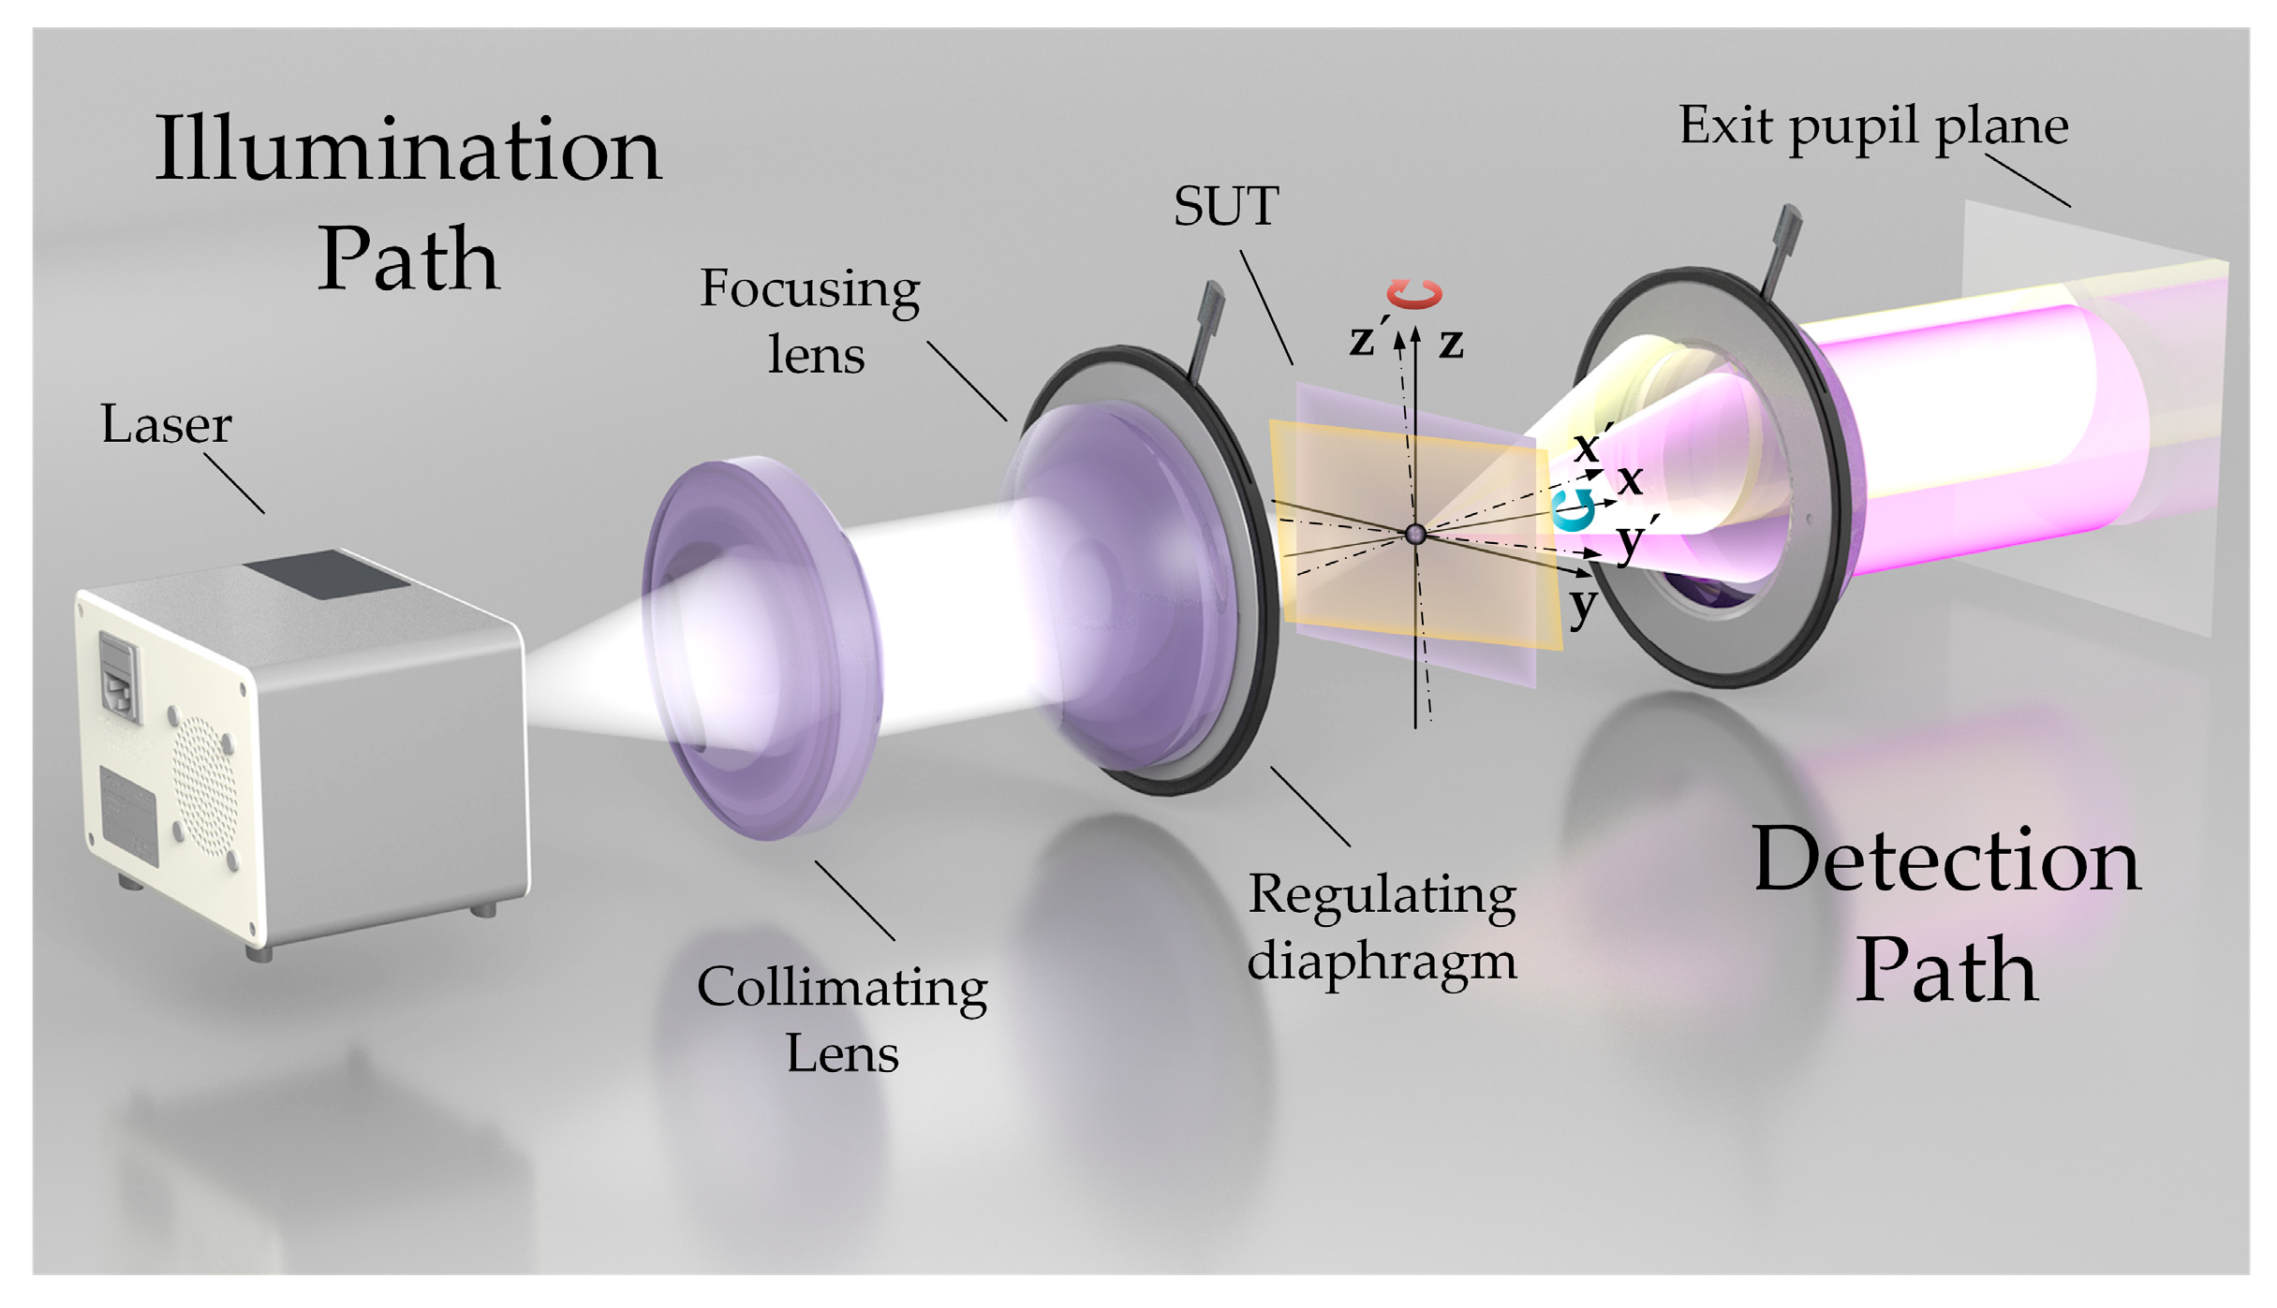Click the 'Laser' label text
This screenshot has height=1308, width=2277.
click(x=166, y=425)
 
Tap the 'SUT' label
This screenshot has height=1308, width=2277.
click(x=1225, y=207)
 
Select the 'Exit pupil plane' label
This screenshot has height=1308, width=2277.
click(x=1872, y=126)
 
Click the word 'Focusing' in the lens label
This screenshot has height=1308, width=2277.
click(x=809, y=288)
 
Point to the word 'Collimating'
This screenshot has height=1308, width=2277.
click(x=841, y=988)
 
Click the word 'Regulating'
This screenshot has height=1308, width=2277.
click(x=1382, y=894)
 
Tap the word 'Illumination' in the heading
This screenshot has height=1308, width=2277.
click(x=408, y=150)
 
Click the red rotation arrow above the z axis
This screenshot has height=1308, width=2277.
click(x=1414, y=294)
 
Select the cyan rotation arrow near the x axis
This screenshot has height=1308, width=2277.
click(x=1574, y=510)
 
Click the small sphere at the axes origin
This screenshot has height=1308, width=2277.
click(x=1415, y=535)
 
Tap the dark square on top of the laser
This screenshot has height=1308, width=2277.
click(x=326, y=573)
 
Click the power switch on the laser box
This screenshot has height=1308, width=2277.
click(x=119, y=676)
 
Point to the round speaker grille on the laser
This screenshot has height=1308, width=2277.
click(x=204, y=786)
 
